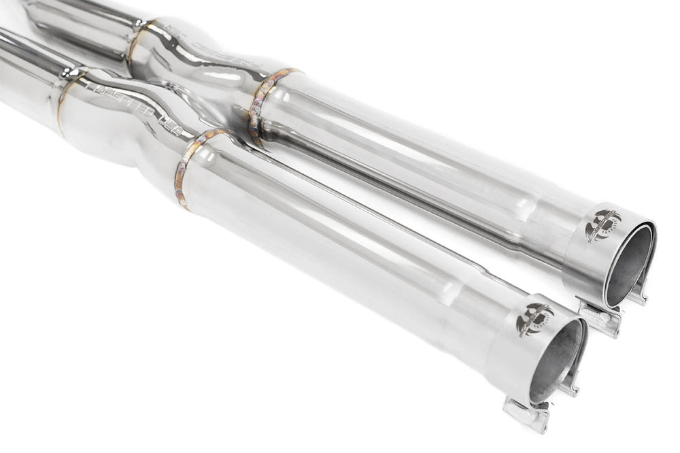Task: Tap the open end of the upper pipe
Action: [628, 265]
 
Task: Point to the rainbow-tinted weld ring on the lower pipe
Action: [190, 167]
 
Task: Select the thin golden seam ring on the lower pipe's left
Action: [61, 102]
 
